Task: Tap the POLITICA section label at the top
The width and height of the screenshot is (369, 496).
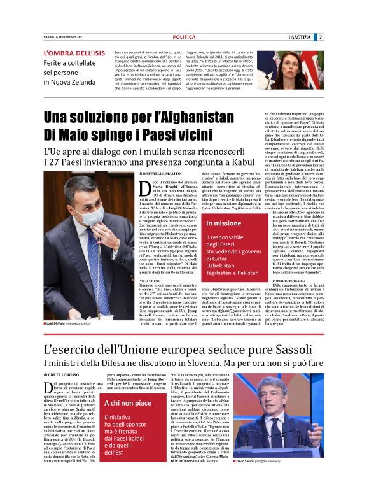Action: pyautogui.click(x=184, y=38)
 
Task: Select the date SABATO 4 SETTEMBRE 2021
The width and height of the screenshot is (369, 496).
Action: pyautogui.click(x=67, y=38)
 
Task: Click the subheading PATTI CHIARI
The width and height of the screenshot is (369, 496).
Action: pyautogui.click(x=150, y=280)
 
